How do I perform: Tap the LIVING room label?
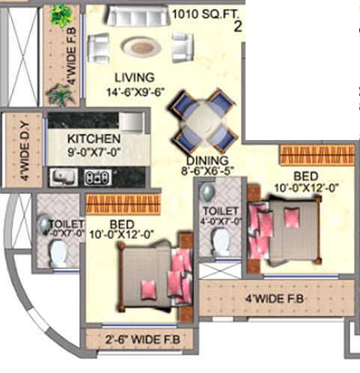[135, 77]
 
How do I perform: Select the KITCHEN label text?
[94, 139]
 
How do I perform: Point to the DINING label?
[207, 160]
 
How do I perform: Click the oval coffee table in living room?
[141, 47]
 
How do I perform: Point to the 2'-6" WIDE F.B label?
[139, 339]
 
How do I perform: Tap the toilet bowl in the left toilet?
[58, 253]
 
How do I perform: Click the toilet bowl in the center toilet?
[221, 240]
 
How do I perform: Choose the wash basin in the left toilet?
[45, 223]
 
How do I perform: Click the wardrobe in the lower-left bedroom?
[123, 204]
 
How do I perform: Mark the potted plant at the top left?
[61, 16]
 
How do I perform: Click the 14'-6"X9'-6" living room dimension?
[135, 93]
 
